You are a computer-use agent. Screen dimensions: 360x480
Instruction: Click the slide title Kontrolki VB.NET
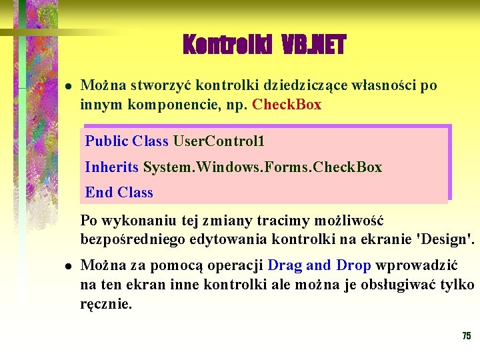coord(264,45)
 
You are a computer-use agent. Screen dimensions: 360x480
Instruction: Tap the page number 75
coord(467,336)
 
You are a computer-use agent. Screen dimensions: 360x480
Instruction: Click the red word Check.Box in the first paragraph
coord(287,105)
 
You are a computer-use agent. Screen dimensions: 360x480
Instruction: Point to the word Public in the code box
coord(107,141)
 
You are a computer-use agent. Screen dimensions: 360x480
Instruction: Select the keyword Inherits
coord(112,167)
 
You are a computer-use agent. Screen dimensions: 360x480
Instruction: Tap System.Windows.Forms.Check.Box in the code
coord(263,167)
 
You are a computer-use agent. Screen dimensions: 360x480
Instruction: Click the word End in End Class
coord(99,193)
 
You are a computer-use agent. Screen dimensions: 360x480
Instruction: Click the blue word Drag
coord(285,265)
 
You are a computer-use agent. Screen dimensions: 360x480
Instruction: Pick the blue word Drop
coord(353,265)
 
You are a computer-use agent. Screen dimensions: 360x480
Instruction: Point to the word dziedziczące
coord(307,85)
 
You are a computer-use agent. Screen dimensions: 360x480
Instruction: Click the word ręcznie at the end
coord(106,305)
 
